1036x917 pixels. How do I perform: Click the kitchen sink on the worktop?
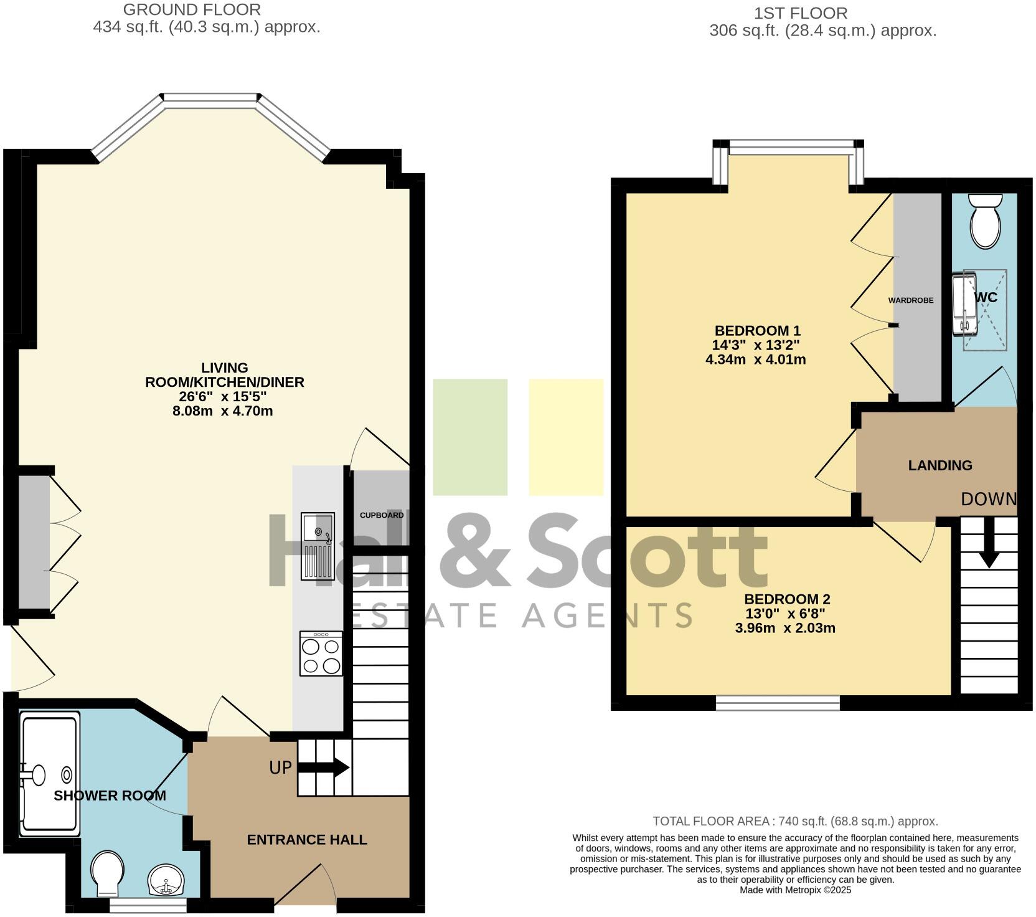[x=318, y=545]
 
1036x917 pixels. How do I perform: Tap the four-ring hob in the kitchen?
[x=321, y=653]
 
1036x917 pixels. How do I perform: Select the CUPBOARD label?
[x=382, y=515]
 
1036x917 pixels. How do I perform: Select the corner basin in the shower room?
[x=166, y=880]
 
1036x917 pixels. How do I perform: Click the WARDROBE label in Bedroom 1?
[x=910, y=300]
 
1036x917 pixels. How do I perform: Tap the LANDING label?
[x=939, y=465]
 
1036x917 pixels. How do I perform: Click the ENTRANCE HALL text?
[x=307, y=840]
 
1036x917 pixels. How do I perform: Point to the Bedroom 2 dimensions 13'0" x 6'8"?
[x=785, y=614]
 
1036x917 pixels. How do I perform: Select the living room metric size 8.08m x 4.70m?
[x=222, y=411]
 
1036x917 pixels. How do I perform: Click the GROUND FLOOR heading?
[x=192, y=9]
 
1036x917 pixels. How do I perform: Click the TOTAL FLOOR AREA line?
[x=795, y=822]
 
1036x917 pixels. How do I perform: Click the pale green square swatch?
[x=470, y=437]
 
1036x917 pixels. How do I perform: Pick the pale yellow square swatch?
[x=566, y=437]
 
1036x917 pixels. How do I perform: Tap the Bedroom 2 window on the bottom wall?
[x=778, y=703]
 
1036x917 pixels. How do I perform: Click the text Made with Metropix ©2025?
[x=795, y=890]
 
